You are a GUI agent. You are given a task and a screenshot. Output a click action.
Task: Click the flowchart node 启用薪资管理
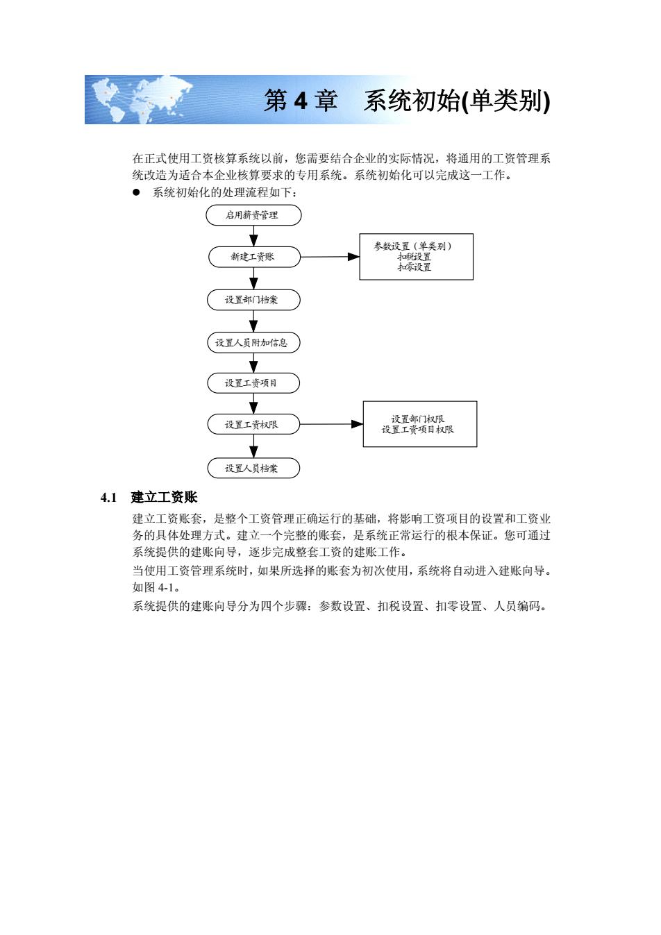coord(253,215)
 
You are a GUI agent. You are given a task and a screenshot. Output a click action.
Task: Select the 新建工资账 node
coord(254,257)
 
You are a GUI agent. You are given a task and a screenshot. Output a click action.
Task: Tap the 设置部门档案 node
coord(253,300)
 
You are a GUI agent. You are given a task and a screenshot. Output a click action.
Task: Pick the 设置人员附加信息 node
coord(253,343)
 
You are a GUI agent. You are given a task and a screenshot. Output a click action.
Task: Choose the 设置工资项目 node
coord(253,382)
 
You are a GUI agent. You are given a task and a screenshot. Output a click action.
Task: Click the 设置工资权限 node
coord(253,424)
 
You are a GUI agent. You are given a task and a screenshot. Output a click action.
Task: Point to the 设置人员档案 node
coord(253,468)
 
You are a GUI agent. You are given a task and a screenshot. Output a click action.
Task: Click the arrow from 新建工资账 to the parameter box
coord(330,257)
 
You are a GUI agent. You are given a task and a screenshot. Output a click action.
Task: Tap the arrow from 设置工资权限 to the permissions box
coord(332,424)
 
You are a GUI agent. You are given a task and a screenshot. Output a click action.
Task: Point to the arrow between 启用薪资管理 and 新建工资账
coord(253,236)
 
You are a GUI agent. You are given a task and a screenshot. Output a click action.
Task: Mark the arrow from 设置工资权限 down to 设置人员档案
coord(253,446)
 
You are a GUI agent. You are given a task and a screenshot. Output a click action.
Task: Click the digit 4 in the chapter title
coord(301,101)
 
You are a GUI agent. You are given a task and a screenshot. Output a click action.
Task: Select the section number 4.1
coord(108,498)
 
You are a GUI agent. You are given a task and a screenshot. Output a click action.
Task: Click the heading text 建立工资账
coord(164,497)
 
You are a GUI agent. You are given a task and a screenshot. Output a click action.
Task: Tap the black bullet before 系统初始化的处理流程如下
coord(136,192)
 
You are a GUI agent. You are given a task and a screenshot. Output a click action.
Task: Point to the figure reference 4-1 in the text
coord(166,587)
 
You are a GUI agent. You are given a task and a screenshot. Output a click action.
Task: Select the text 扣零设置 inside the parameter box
coord(415,267)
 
